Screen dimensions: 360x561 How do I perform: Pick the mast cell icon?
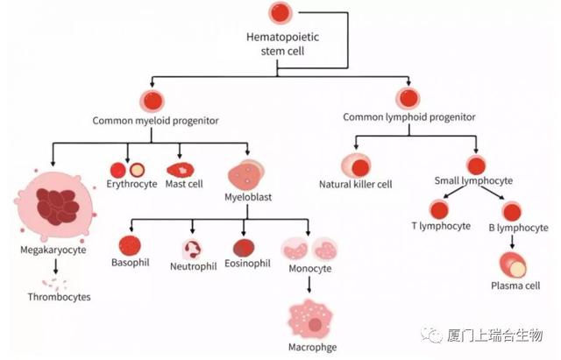click(181, 169)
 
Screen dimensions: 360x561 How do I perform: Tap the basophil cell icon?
click(130, 246)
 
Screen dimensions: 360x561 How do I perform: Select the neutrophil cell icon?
click(192, 249)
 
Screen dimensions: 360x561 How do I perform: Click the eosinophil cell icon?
click(245, 248)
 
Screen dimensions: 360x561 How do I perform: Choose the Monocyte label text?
click(310, 268)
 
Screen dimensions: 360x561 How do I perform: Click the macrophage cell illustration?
click(311, 320)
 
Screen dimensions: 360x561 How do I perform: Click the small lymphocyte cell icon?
click(477, 165)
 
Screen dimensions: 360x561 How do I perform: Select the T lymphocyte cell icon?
click(438, 210)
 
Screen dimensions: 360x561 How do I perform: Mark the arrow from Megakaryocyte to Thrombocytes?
click(56, 265)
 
